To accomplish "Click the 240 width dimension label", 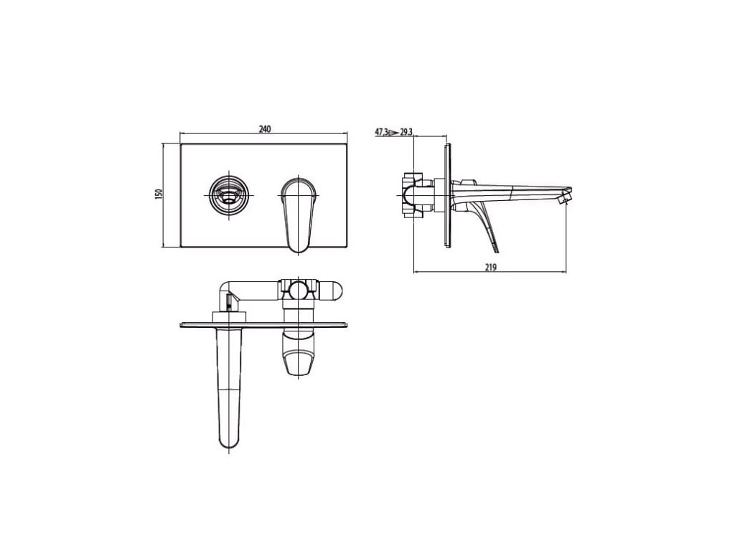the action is tap(265, 129).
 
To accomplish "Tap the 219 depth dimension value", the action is tap(490, 268).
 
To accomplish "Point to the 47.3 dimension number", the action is tap(381, 132).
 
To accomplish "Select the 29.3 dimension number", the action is tap(406, 132).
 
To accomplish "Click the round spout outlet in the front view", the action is tap(228, 194).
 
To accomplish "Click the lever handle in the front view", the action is tap(299, 214).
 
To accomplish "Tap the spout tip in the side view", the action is tap(566, 196).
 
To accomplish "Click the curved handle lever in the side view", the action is tap(483, 221).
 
